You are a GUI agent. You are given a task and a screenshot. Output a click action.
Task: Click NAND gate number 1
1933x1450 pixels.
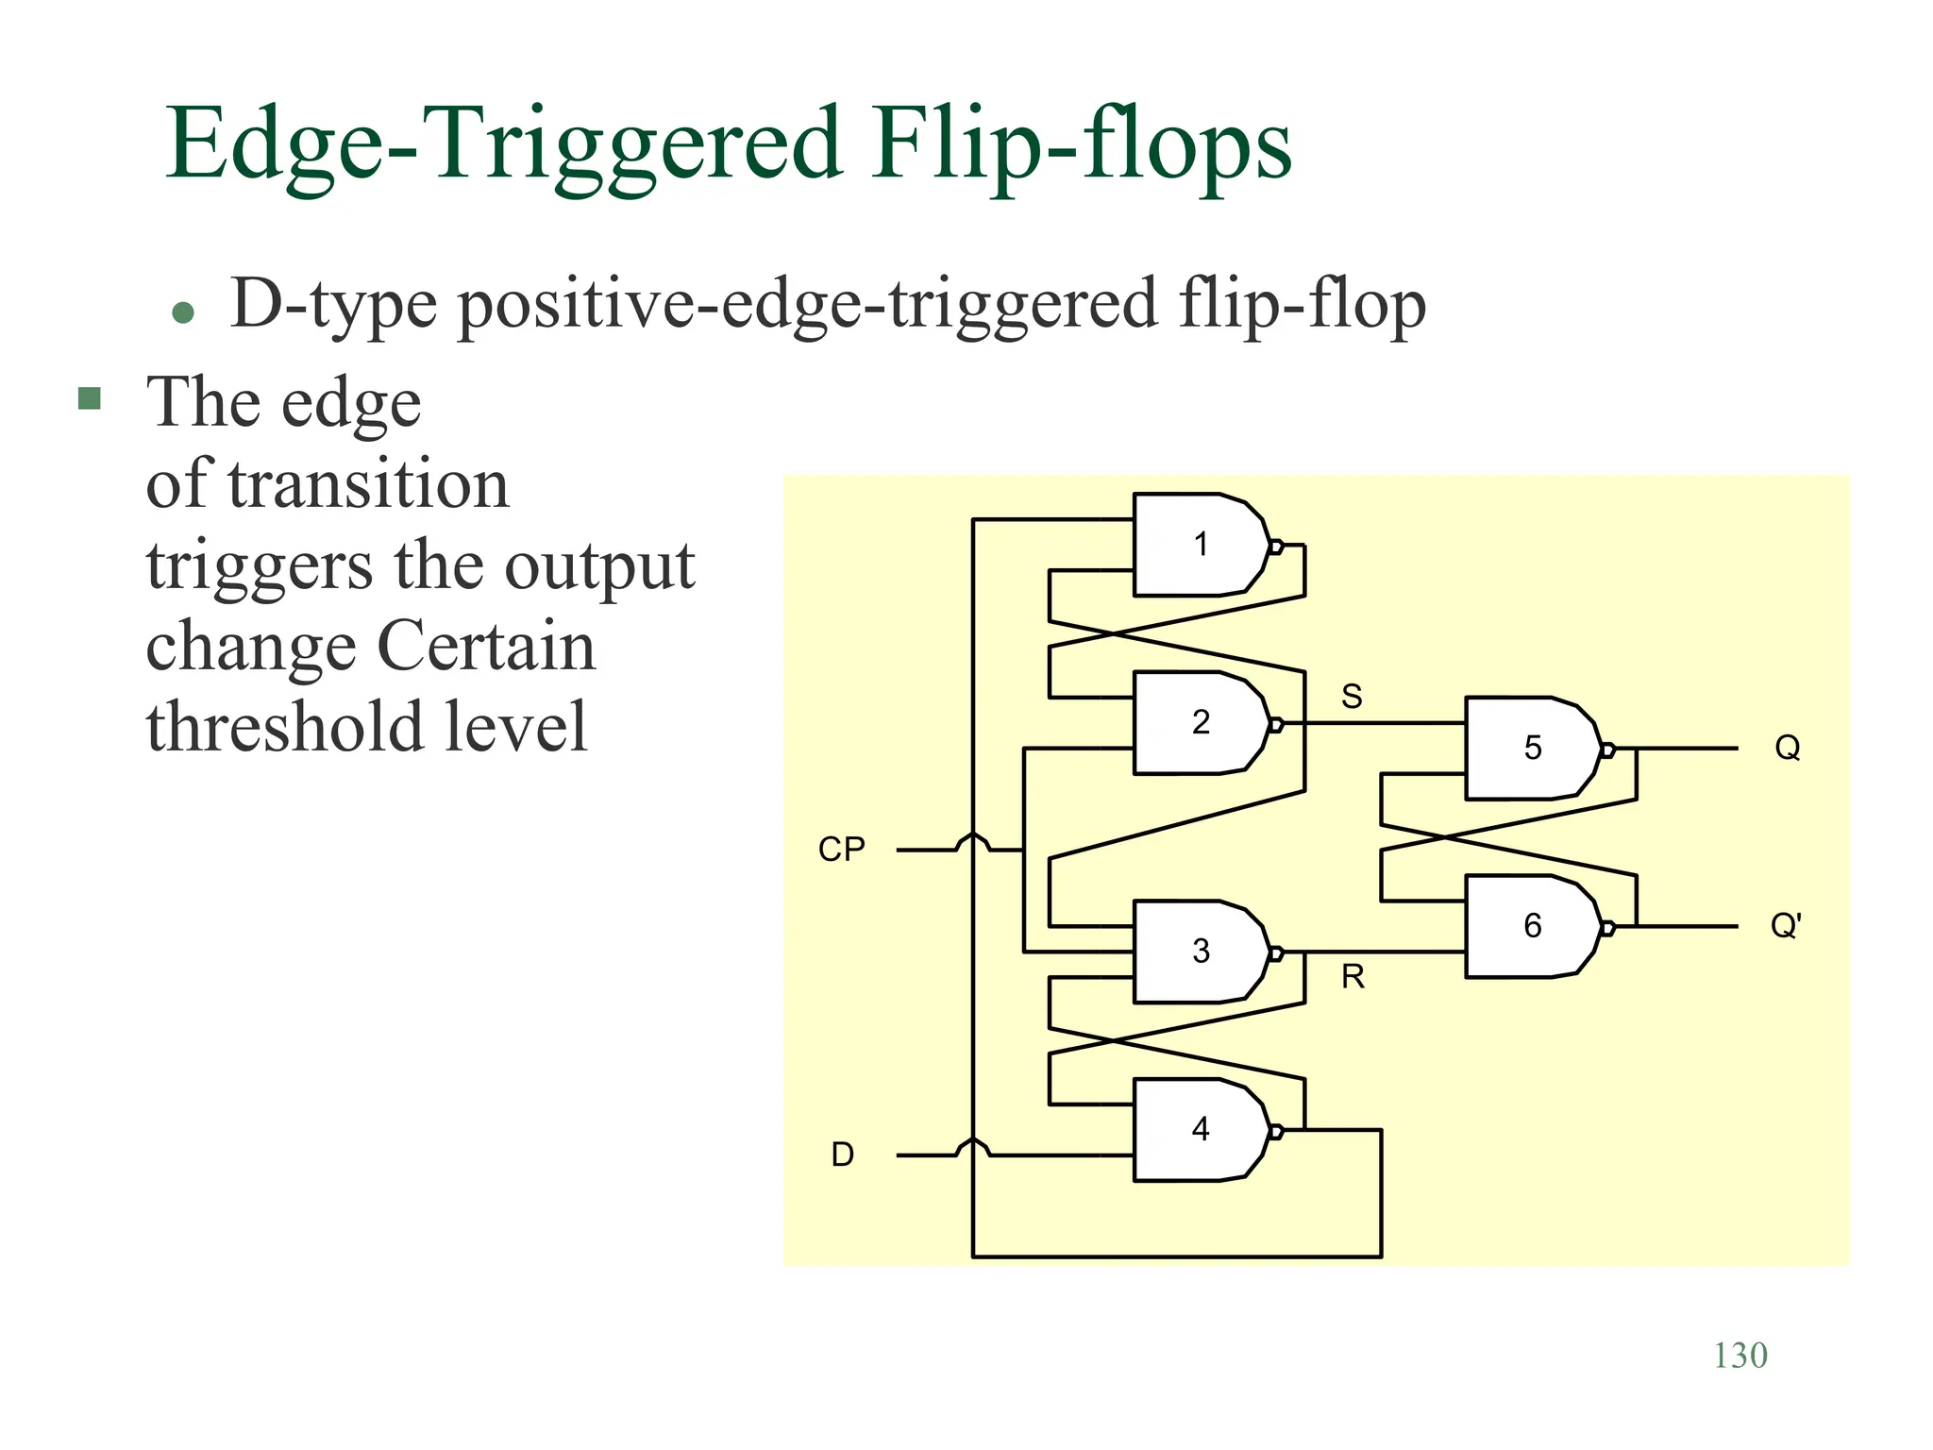(1200, 545)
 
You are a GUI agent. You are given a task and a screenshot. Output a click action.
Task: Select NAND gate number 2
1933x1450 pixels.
(1200, 723)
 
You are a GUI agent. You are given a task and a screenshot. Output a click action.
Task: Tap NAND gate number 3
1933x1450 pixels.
(1200, 952)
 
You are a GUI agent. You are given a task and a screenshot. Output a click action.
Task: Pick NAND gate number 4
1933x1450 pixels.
(1200, 1129)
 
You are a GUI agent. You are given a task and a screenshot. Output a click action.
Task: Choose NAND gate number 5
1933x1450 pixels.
(1532, 749)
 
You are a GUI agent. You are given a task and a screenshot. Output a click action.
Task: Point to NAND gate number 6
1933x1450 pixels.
(1532, 926)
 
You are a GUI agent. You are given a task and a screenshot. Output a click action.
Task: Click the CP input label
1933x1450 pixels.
(841, 850)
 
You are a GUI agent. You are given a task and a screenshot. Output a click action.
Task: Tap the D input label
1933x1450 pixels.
(842, 1155)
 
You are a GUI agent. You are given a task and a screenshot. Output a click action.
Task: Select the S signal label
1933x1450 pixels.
(1352, 697)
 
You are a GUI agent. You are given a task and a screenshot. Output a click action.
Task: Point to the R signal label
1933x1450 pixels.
(1353, 977)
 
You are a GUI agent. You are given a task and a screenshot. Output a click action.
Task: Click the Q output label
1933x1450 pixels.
(1788, 749)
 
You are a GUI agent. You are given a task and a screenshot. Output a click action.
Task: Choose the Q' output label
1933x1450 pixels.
(1786, 926)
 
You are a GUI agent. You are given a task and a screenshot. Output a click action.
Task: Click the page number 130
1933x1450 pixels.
(1740, 1356)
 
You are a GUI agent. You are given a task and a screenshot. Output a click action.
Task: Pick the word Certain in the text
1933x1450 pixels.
(486, 647)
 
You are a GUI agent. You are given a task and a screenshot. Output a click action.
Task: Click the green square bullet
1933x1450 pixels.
(90, 398)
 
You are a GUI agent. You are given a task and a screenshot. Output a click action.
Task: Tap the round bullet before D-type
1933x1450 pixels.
(184, 312)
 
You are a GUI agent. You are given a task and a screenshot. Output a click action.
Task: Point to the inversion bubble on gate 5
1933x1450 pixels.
(1607, 750)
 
